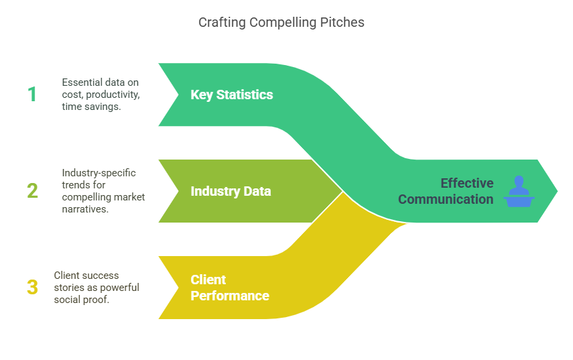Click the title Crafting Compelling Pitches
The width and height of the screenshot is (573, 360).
281,22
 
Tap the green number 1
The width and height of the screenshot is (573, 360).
31,95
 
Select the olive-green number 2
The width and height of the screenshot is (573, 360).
32,191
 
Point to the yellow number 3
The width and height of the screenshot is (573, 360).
32,288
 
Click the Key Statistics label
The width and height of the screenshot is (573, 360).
231,95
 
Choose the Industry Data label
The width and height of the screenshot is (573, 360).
231,191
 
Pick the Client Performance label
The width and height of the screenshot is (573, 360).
230,288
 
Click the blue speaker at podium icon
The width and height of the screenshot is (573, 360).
519,191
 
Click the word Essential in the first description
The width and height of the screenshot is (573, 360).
83,82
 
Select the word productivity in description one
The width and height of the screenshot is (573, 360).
113,95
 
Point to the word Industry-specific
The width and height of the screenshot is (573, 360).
99,172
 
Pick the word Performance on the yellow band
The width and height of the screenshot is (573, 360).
230,296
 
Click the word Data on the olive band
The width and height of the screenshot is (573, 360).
257,191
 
